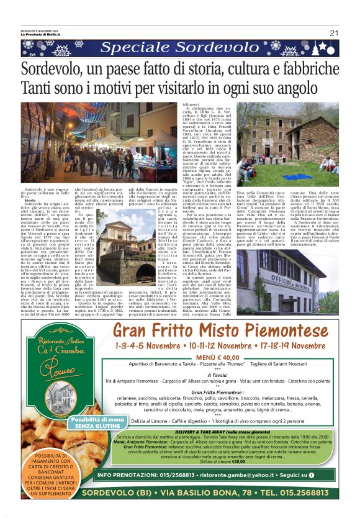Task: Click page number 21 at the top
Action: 334,33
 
